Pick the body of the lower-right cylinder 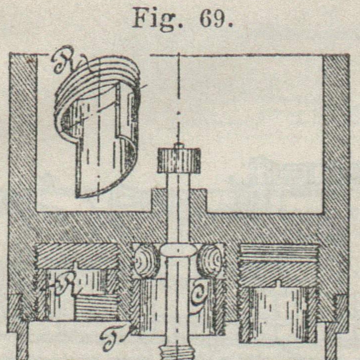pyautogui.click(x=278, y=313)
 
